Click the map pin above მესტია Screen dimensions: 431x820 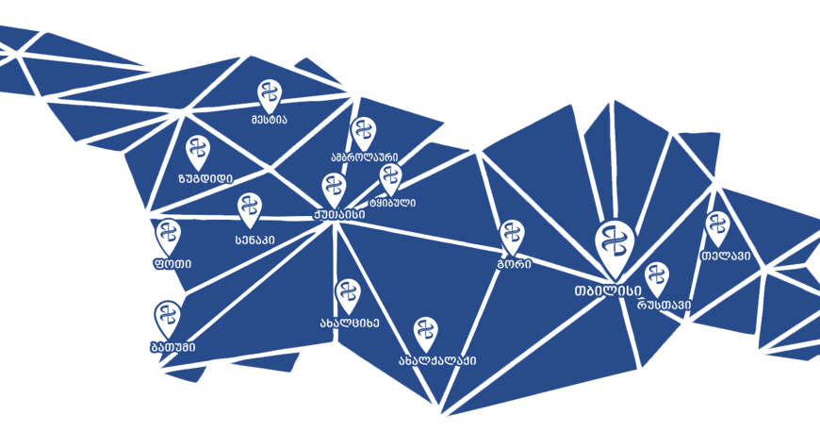click(270, 94)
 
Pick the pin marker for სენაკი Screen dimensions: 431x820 click(250, 208)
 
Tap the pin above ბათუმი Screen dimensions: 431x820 click(167, 316)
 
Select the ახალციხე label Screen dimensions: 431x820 click(349, 322)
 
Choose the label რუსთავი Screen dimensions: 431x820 click(664, 304)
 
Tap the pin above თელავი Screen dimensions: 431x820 click(718, 227)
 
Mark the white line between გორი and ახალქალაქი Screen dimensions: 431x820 click(482, 310)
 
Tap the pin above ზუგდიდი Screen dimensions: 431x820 click(198, 150)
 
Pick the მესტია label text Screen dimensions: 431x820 click(269, 120)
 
